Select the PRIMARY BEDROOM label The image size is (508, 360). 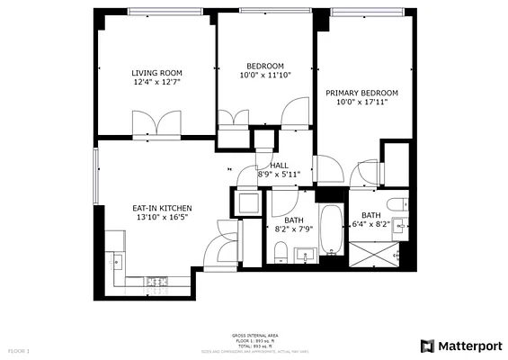pyautogui.click(x=361, y=93)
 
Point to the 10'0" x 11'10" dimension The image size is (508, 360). pyautogui.click(x=265, y=76)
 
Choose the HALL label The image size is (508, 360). pyautogui.click(x=279, y=165)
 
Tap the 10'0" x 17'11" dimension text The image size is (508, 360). pyautogui.click(x=361, y=103)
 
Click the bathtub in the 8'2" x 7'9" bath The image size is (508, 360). pyautogui.click(x=330, y=232)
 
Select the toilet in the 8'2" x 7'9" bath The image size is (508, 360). pyautogui.click(x=281, y=252)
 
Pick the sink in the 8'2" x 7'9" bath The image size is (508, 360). pyautogui.click(x=305, y=253)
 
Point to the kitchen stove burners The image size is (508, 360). pyautogui.click(x=157, y=281)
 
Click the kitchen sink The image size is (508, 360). pyautogui.click(x=115, y=260)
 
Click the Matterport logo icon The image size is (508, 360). pyautogui.click(x=428, y=346)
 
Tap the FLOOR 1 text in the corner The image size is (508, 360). pyautogui.click(x=19, y=349)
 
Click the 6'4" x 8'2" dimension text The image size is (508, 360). pyautogui.click(x=371, y=224)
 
